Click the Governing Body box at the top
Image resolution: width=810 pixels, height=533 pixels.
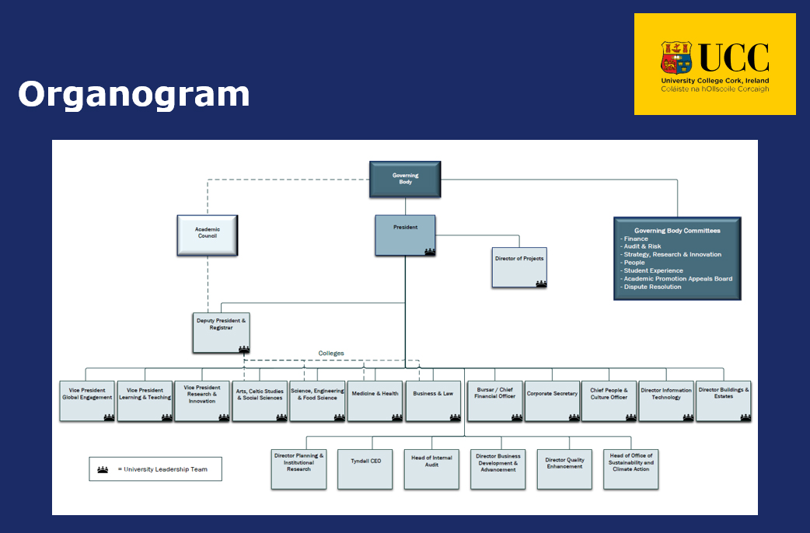pyautogui.click(x=404, y=179)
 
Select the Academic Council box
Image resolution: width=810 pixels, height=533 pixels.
pyautogui.click(x=207, y=235)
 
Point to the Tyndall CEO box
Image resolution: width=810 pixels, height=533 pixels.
pyautogui.click(x=365, y=469)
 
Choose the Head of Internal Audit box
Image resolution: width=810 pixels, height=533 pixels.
pyautogui.click(x=431, y=469)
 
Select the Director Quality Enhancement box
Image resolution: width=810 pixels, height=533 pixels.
pyautogui.click(x=564, y=469)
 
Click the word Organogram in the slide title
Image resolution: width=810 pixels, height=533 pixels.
pyautogui.click(x=134, y=94)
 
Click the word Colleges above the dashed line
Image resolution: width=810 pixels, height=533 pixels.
pyautogui.click(x=331, y=354)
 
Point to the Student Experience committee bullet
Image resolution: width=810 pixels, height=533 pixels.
pyautogui.click(x=648, y=270)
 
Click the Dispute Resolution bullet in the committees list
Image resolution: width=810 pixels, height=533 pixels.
pyautogui.click(x=651, y=287)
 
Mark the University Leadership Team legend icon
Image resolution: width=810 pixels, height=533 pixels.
pyautogui.click(x=103, y=469)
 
